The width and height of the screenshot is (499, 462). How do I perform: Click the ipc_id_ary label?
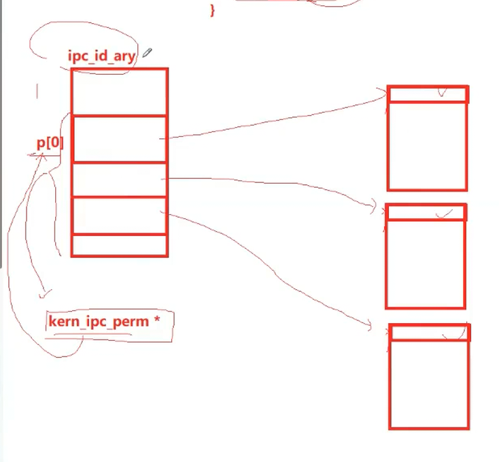(101, 56)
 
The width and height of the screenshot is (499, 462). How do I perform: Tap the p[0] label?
(50, 144)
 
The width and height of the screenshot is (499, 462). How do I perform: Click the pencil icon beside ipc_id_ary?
(147, 53)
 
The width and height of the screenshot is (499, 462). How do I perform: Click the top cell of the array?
(119, 92)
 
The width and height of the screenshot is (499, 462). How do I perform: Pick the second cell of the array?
(119, 139)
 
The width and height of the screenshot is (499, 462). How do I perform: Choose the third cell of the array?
(119, 180)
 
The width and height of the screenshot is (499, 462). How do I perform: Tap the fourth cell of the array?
(119, 216)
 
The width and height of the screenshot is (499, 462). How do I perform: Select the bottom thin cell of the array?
(119, 245)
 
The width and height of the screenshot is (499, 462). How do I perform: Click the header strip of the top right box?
(428, 94)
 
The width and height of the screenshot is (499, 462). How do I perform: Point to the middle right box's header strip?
(426, 212)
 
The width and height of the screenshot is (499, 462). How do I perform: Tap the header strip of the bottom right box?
(429, 333)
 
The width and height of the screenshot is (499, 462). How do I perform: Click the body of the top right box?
(427, 146)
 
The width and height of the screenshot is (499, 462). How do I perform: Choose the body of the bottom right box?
(429, 384)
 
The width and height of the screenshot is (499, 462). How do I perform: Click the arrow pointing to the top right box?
(272, 122)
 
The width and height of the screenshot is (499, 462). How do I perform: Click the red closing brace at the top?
(212, 10)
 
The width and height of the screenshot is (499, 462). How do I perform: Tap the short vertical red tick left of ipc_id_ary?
(37, 91)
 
